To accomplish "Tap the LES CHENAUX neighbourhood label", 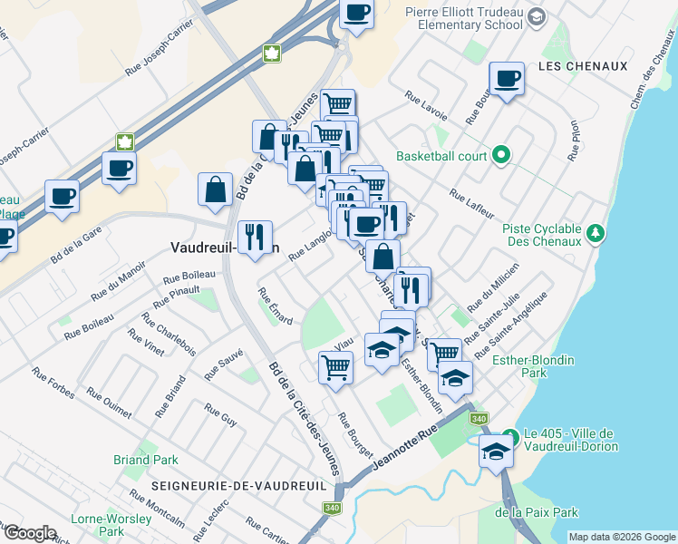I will (581, 66).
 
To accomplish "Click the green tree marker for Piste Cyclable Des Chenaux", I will (596, 233).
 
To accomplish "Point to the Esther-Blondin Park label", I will (533, 366).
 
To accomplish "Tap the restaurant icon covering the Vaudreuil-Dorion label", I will (255, 238).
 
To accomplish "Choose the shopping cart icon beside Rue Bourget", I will (335, 368).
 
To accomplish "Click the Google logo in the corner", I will (30, 533).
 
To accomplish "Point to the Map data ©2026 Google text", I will (621, 537).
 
